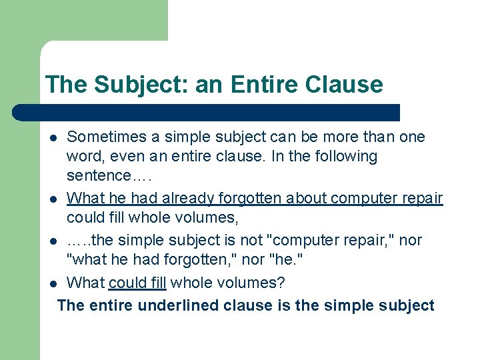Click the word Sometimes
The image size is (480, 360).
[107, 137]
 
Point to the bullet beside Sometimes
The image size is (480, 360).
[53, 137]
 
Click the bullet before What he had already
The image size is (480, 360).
[53, 199]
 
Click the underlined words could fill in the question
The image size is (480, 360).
[137, 283]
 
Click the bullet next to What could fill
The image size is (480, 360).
[53, 283]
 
